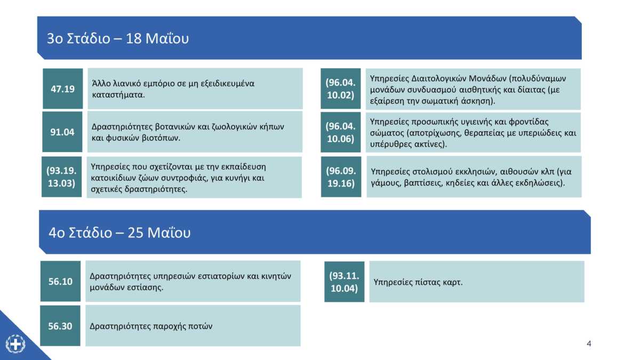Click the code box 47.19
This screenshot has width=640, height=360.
[63, 89]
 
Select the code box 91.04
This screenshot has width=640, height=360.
[62, 132]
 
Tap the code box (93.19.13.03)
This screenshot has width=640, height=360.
[62, 177]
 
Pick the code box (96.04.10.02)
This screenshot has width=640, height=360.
[341, 89]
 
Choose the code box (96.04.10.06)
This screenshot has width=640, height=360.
[341, 132]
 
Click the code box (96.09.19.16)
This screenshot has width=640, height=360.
[341, 177]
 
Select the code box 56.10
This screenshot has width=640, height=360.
[60, 281]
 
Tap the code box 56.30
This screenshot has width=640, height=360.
[60, 326]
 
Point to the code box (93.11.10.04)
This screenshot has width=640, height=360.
[345, 282]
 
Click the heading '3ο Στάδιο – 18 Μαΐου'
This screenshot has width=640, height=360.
[118, 38]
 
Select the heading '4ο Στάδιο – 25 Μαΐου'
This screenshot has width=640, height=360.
[119, 233]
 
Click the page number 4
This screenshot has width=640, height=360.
[589, 343]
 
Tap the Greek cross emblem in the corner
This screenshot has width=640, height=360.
[15, 344]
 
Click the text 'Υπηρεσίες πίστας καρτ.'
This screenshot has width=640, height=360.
[418, 282]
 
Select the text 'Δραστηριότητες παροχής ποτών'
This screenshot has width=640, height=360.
[151, 326]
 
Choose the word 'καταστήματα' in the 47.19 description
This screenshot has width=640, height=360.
[118, 95]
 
